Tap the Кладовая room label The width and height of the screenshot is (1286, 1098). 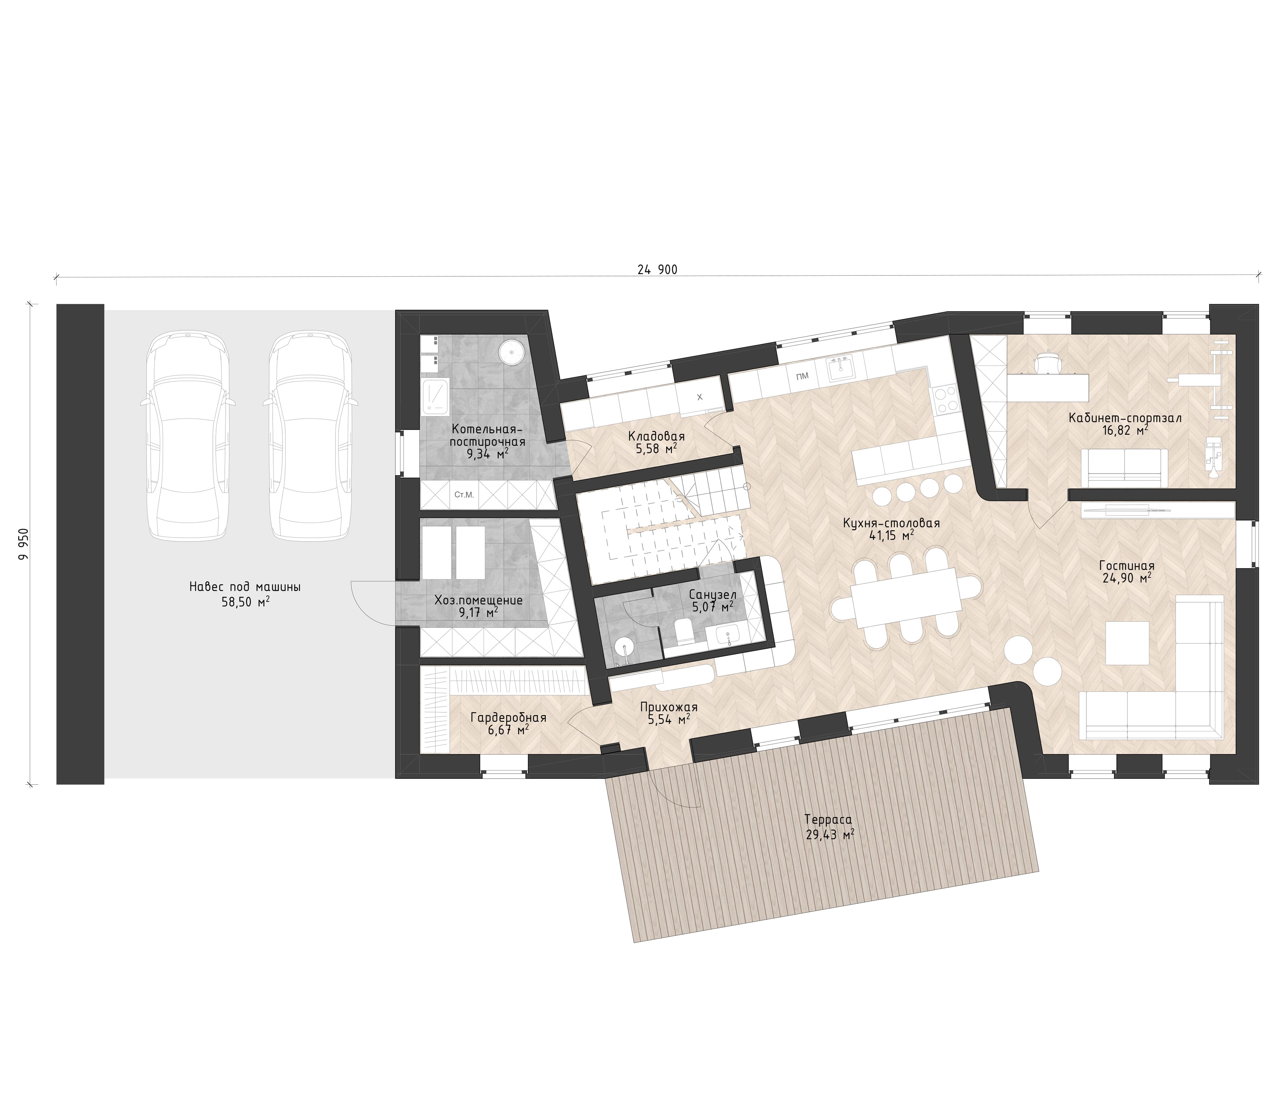click(656, 435)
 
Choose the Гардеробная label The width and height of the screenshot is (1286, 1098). click(508, 718)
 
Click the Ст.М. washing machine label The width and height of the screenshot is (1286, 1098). click(464, 495)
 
